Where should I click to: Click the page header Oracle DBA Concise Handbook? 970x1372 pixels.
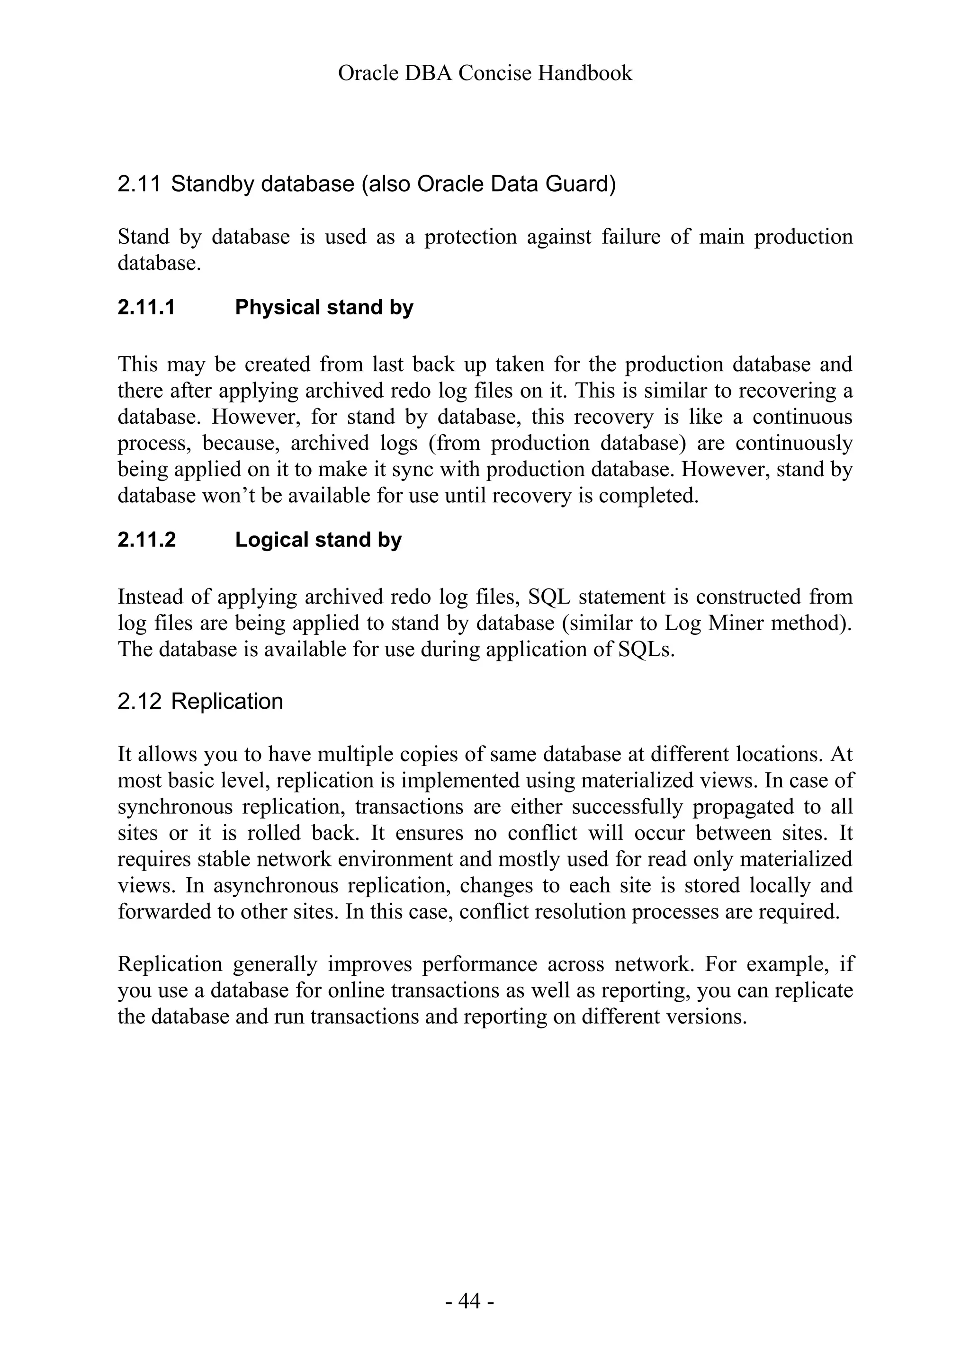click(485, 73)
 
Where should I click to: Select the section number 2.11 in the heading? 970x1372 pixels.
click(139, 184)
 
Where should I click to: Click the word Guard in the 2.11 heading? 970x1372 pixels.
click(583, 184)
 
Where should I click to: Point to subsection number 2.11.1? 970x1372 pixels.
click(146, 307)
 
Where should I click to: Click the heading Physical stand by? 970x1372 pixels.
click(324, 307)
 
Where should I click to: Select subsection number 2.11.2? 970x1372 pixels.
click(146, 540)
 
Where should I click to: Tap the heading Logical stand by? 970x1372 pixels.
click(318, 540)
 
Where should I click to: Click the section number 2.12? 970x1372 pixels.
click(139, 701)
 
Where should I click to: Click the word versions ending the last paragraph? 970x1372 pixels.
click(709, 1016)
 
